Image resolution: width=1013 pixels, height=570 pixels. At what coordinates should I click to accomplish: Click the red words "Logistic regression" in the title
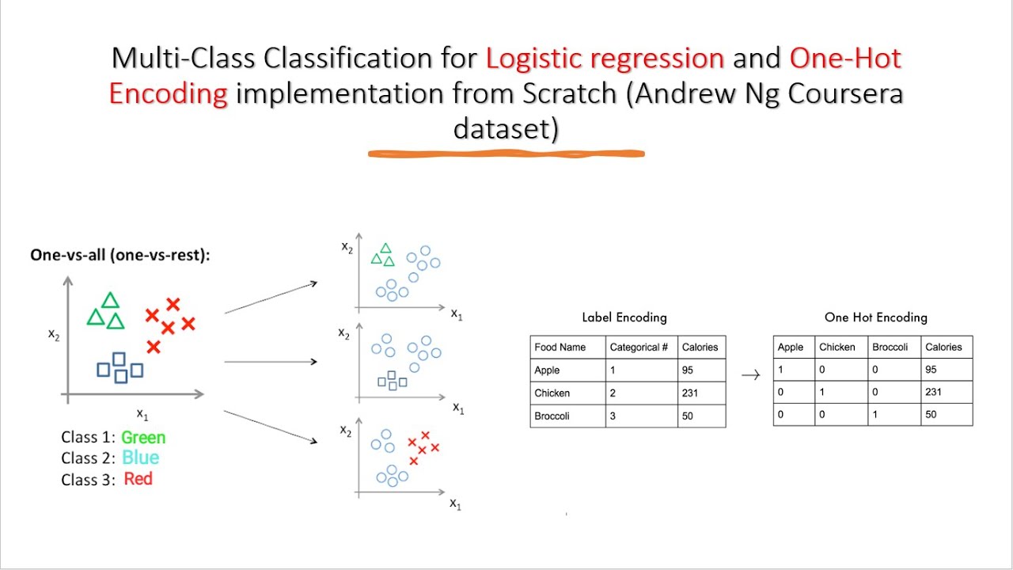tap(605, 59)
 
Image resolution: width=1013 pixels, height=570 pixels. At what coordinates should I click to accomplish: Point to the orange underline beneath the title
tap(506, 154)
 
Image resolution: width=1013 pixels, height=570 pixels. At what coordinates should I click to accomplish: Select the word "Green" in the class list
tap(143, 437)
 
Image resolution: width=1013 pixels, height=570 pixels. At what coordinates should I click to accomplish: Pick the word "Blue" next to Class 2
tap(140, 458)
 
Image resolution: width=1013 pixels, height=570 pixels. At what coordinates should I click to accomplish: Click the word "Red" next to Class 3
tap(138, 479)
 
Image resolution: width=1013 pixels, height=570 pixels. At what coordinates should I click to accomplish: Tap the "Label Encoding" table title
tap(624, 317)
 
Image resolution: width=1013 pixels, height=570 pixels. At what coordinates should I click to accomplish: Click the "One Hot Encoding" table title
tap(875, 317)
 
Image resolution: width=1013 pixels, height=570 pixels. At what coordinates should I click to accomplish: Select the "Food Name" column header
tap(560, 347)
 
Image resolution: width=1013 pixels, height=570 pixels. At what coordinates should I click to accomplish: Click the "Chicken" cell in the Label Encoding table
tap(552, 393)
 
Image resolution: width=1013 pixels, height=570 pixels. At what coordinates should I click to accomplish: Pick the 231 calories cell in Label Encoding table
tap(691, 393)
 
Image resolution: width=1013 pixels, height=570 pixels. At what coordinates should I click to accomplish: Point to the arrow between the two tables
tap(750, 375)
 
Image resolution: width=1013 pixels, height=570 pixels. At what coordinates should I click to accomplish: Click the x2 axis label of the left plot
tap(54, 334)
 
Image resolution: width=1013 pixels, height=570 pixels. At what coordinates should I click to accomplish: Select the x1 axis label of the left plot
tap(142, 412)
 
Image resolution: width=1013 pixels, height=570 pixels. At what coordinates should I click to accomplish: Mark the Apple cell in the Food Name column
tap(547, 370)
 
